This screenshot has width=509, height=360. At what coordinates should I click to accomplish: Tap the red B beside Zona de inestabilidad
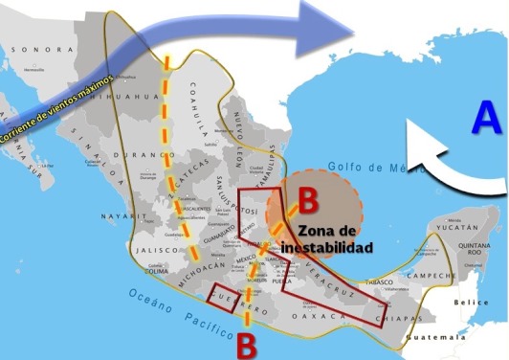click(309, 201)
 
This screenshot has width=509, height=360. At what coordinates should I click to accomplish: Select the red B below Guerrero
click(247, 343)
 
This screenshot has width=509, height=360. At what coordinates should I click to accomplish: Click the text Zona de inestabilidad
click(335, 238)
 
